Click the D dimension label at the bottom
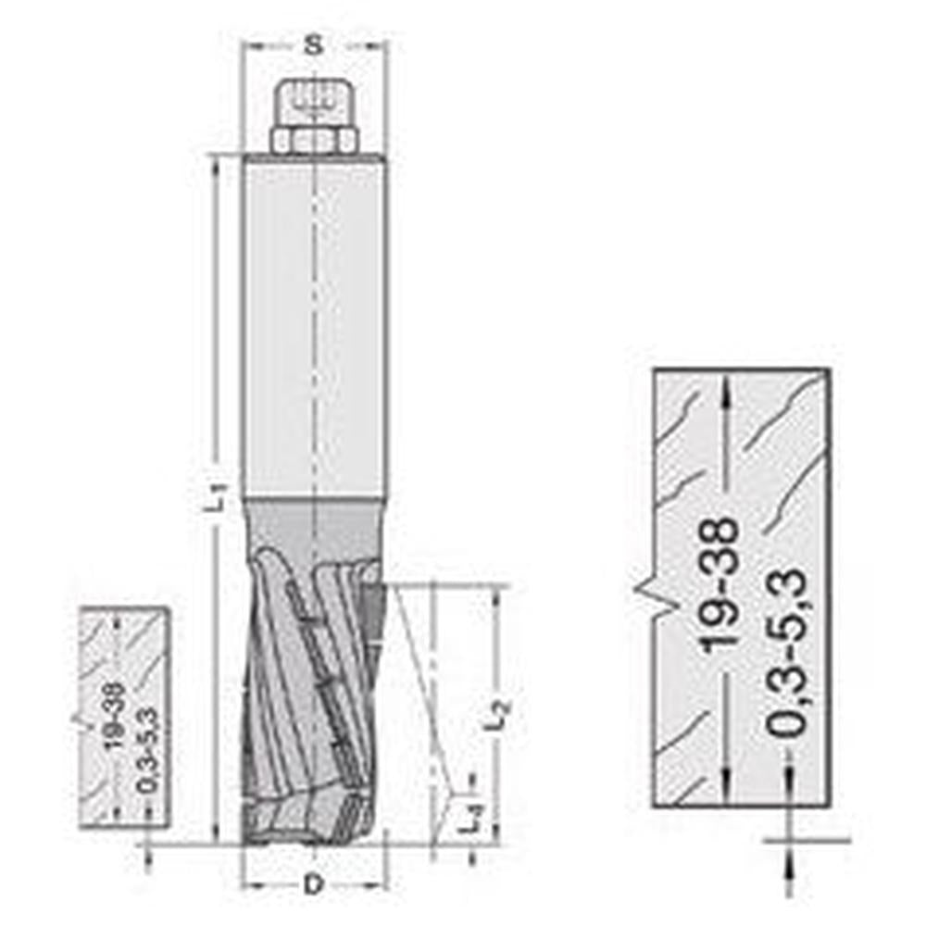click(314, 884)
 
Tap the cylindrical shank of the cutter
click(314, 324)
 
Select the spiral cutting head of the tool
click(310, 694)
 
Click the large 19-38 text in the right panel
click(720, 583)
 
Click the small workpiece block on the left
click(125, 718)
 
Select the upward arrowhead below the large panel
click(789, 861)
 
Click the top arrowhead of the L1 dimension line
click(217, 163)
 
